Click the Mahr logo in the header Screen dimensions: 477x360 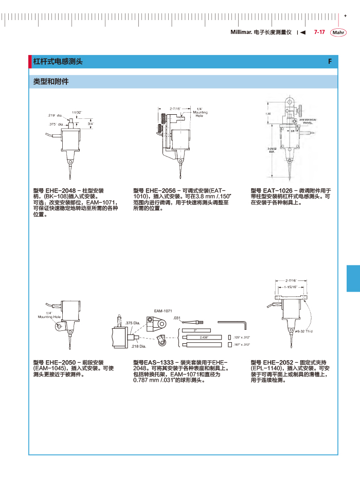pyautogui.click(x=338, y=32)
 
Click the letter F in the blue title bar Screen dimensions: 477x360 pyautogui.click(x=330, y=62)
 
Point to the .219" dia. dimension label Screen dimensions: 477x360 pyautogui.click(x=55, y=116)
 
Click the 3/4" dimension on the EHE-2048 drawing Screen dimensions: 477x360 pyautogui.click(x=90, y=124)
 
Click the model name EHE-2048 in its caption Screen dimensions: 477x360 pyautogui.click(x=60, y=190)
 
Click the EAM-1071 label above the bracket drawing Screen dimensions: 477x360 pyautogui.click(x=163, y=311)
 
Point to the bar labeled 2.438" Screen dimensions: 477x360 pyautogui.click(x=197, y=338)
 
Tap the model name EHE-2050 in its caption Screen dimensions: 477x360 pyautogui.click(x=60, y=362)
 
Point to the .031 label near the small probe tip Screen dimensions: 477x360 pyautogui.click(x=176, y=319)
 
